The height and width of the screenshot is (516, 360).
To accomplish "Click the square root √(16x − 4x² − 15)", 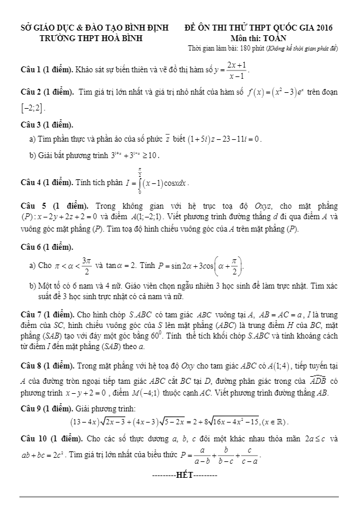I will coord(250,422).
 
